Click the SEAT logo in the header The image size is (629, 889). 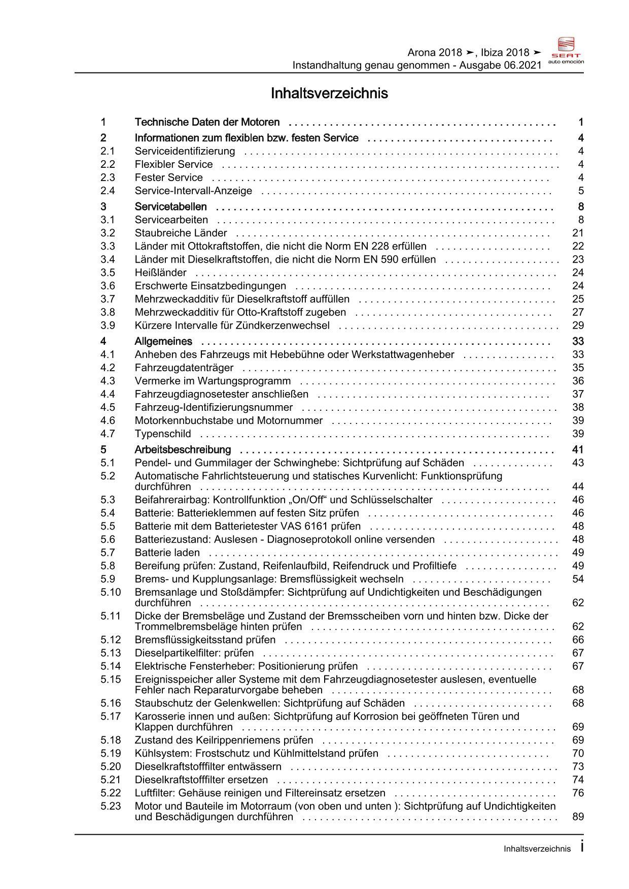567,50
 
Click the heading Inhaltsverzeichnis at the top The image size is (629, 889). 329,94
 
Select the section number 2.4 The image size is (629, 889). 108,191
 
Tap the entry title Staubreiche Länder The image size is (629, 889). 181,233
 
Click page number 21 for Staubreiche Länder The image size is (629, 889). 578,233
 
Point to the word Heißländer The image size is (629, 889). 160,272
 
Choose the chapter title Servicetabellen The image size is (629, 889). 170,206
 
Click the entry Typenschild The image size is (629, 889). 163,434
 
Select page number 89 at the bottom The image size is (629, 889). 578,816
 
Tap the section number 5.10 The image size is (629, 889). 111,592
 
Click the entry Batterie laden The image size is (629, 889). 167,552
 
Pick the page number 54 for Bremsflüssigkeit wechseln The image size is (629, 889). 578,579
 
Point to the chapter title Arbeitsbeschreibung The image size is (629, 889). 183,449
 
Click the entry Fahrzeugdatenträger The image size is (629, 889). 184,368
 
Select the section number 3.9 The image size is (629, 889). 108,325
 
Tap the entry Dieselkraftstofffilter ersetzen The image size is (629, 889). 201,779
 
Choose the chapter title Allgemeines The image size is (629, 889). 163,341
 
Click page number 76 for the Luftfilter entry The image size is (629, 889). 578,793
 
